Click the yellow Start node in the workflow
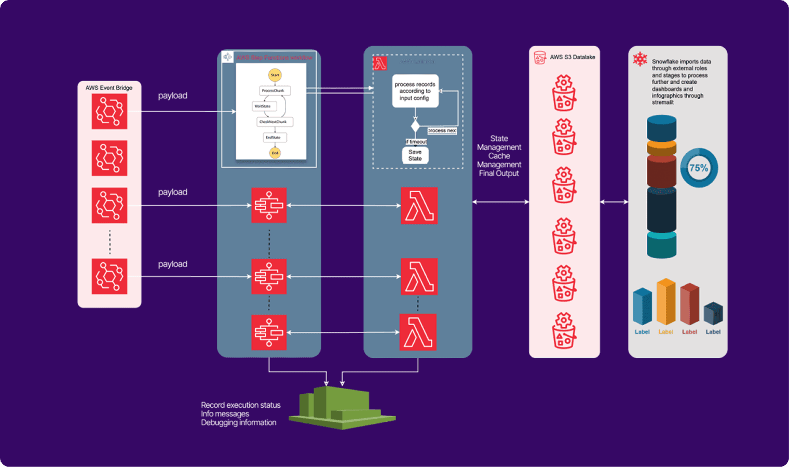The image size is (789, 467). [275, 75]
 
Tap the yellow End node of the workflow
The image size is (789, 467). [275, 153]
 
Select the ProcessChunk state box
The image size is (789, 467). [275, 90]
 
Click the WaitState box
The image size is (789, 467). [264, 106]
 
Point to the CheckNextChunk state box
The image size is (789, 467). [275, 122]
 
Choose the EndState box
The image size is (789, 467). [275, 137]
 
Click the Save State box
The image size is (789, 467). [415, 155]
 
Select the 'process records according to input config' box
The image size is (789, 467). [415, 91]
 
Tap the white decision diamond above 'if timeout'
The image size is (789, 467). [415, 126]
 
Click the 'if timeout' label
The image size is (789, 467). [416, 141]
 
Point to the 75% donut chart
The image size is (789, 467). [699, 168]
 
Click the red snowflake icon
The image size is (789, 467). [640, 59]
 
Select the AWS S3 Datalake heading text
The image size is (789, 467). [572, 57]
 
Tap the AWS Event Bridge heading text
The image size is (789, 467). [109, 88]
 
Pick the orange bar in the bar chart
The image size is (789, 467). [666, 303]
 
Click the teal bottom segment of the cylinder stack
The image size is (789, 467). [661, 245]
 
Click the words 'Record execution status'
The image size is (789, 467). [240, 405]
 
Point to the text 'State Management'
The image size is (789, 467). [499, 143]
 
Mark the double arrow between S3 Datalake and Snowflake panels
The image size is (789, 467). [614, 202]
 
